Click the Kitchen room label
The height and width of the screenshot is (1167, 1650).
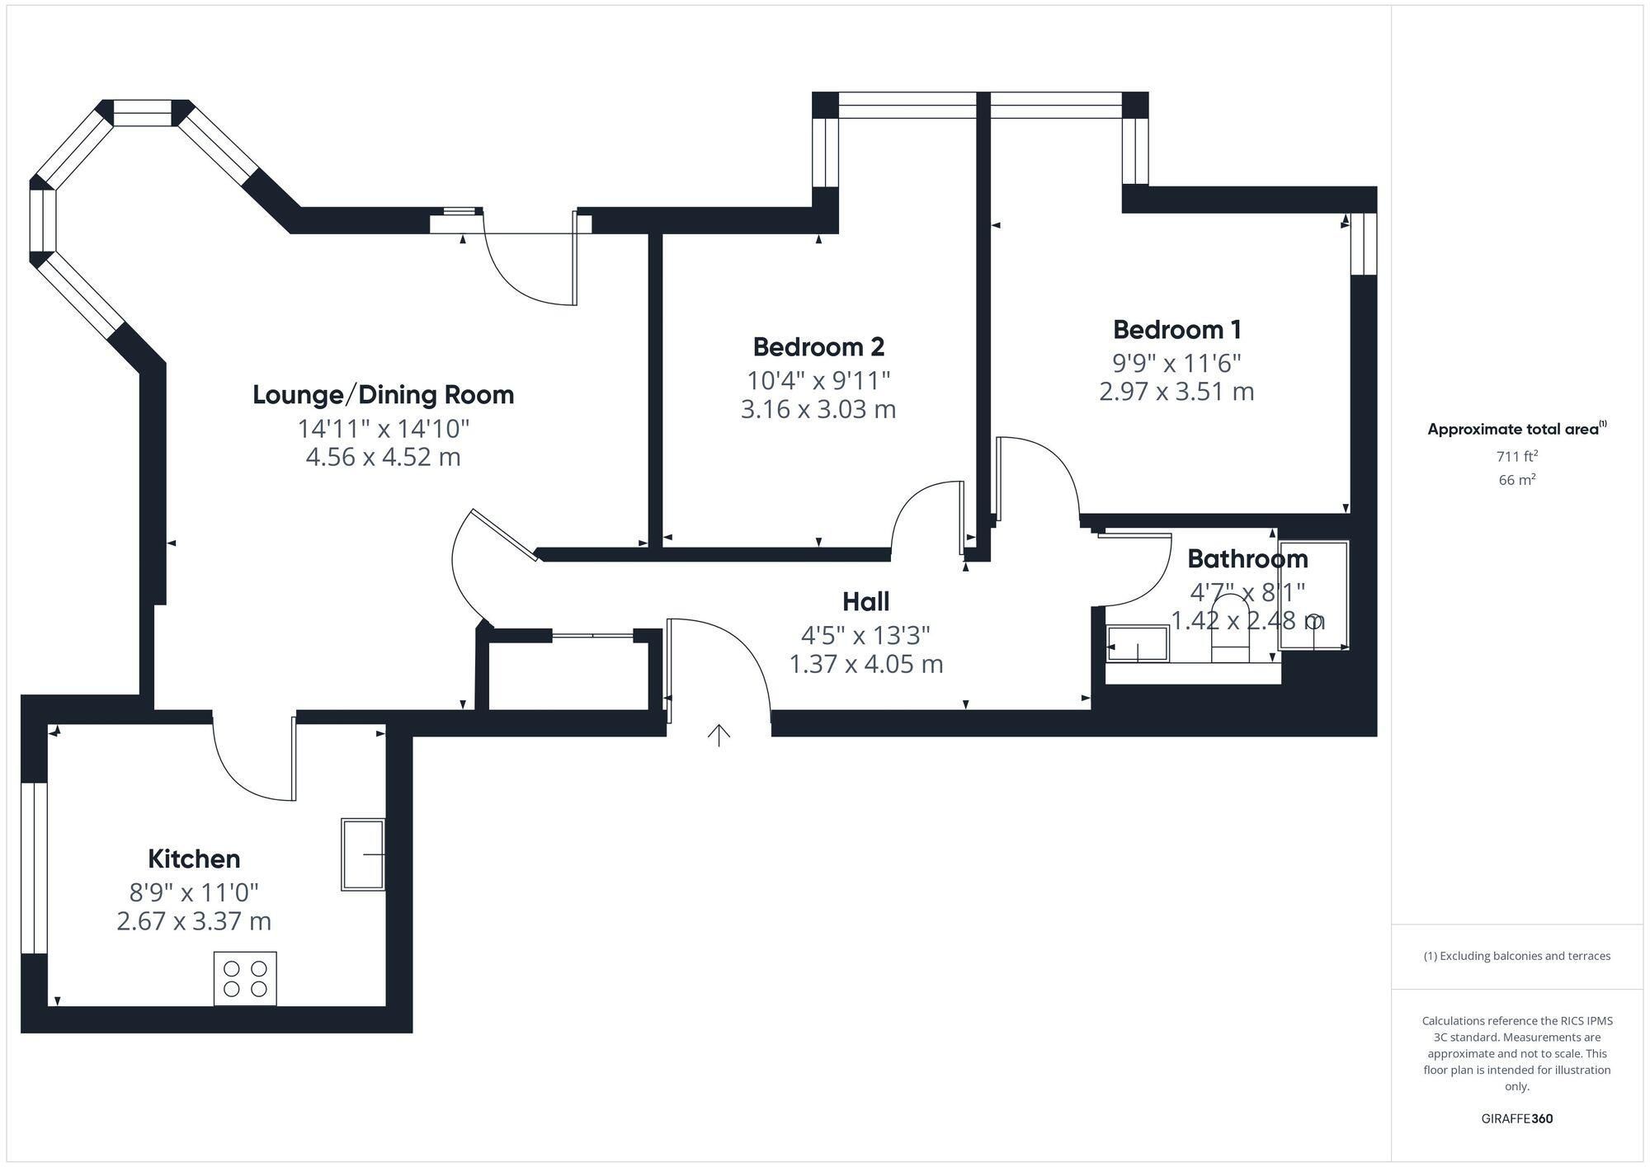tap(194, 859)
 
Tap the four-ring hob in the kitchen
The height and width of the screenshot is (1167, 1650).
tap(245, 979)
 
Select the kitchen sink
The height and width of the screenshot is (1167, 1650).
tap(364, 854)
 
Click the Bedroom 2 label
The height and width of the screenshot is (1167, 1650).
tap(818, 347)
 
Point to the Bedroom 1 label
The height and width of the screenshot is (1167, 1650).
tap(1176, 330)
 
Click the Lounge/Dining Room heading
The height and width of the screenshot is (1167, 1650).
tap(384, 395)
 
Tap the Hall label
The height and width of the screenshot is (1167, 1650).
tap(866, 602)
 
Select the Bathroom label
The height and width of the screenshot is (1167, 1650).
tap(1247, 559)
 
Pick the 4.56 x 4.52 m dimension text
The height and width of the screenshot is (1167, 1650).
tap(384, 457)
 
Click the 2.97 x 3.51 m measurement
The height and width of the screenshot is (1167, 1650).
tap(1176, 391)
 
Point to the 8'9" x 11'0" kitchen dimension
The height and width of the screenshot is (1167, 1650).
tap(194, 892)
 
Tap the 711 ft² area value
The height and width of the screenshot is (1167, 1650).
tap(1517, 456)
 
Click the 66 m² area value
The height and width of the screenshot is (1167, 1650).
tap(1517, 479)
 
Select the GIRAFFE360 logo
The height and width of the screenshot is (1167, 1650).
tap(1517, 1119)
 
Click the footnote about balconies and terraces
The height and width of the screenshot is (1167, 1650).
tap(1517, 956)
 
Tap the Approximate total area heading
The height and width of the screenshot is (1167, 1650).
tap(1517, 429)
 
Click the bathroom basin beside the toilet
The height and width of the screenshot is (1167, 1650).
tap(1138, 644)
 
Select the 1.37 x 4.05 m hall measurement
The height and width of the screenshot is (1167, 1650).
tap(866, 664)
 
